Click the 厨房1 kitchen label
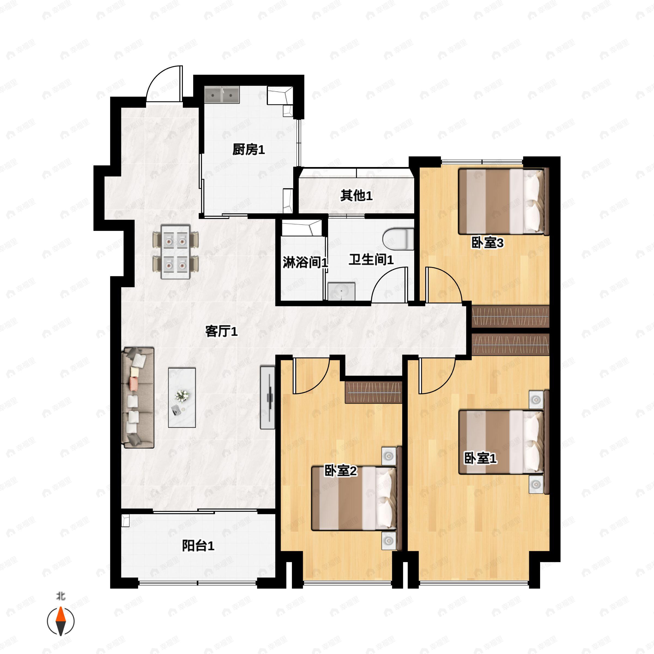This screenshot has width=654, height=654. coord(249,149)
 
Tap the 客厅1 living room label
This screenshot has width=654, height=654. coord(221,331)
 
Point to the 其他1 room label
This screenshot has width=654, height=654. coord(356,195)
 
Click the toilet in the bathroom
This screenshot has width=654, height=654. coord(398,239)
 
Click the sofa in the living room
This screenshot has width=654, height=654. coord(138,397)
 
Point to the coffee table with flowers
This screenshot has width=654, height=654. coord(182,397)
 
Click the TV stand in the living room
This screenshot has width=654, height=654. coord(267,397)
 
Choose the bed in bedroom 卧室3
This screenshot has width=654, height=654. coord(503,202)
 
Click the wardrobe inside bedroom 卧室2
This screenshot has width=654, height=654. coord(373,392)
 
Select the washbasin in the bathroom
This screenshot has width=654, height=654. coord(341,291)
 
